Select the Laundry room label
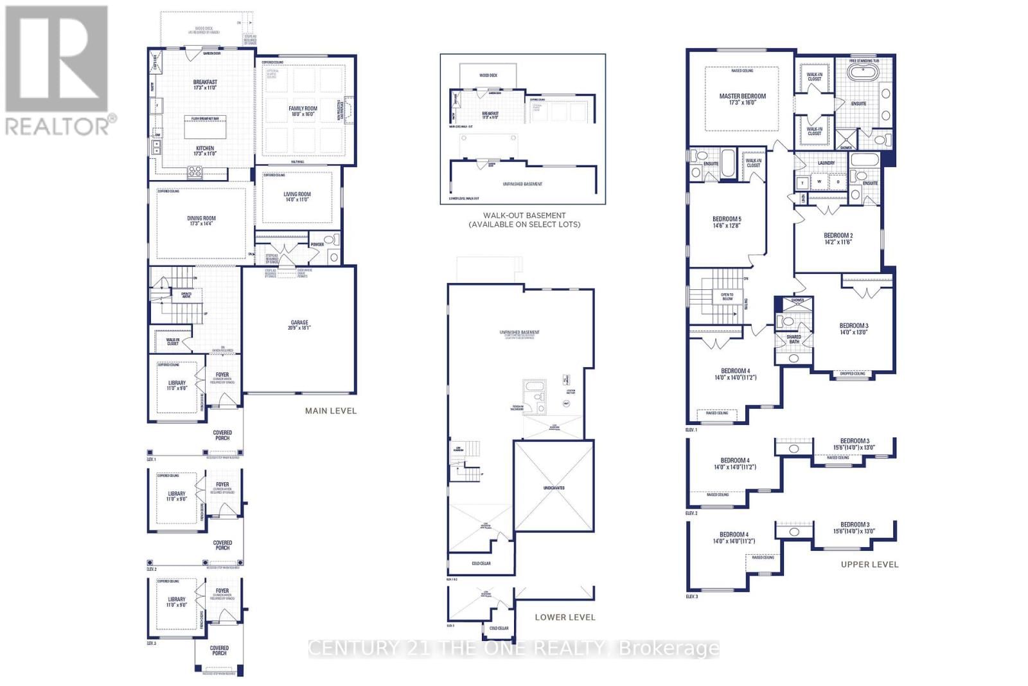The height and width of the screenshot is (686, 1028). pyautogui.click(x=826, y=163)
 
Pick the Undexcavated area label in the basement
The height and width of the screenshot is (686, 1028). pyautogui.click(x=553, y=488)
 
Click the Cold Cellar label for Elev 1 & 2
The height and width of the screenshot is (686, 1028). pyautogui.click(x=481, y=563)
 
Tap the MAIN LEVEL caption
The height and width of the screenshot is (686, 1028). pyautogui.click(x=330, y=410)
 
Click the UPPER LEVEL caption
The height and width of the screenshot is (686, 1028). pyautogui.click(x=869, y=564)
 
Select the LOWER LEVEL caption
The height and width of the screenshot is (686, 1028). pyautogui.click(x=565, y=617)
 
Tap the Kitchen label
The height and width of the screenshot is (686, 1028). pyautogui.click(x=205, y=149)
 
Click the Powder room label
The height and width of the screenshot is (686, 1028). pyautogui.click(x=317, y=244)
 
